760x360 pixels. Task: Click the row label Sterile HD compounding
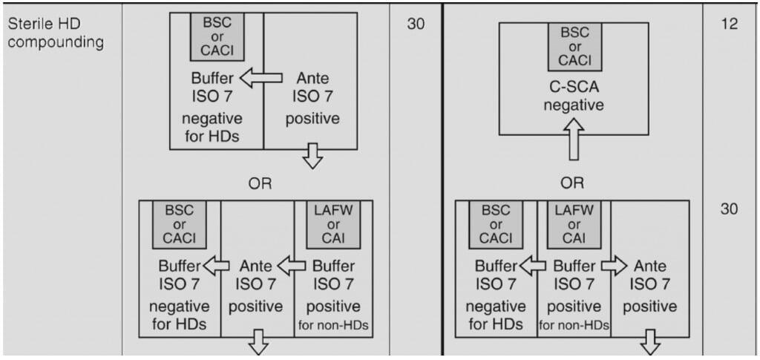click(55, 33)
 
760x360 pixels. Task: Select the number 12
click(729, 24)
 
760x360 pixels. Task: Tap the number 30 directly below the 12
click(729, 209)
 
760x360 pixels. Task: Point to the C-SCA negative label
click(573, 96)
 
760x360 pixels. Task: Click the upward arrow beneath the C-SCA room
click(573, 148)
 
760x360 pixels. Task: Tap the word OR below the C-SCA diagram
click(572, 183)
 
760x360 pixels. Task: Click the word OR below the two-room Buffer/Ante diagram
click(260, 184)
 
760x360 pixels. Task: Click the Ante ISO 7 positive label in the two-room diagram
click(312, 98)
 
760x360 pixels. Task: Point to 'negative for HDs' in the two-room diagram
click(215, 128)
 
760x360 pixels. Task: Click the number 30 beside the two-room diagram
click(416, 24)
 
